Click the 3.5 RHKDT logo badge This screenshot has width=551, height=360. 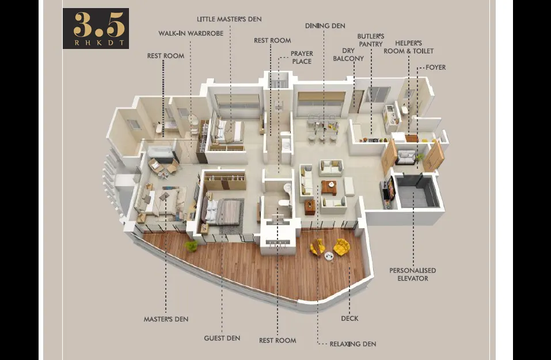(96, 28)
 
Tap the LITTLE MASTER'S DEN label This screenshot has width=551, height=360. (229, 19)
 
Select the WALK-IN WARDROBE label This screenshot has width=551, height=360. (191, 33)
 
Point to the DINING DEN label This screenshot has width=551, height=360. (325, 26)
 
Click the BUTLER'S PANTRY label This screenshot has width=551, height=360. (371, 40)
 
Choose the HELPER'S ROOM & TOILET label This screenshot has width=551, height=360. (408, 47)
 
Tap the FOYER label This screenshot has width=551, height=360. (435, 67)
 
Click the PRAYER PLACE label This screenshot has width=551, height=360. (302, 57)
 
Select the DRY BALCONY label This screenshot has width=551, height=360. (348, 55)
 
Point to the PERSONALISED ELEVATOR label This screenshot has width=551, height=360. (413, 274)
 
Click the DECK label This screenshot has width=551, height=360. (349, 319)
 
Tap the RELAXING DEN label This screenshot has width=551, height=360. (353, 344)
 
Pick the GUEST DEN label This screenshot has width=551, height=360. (222, 338)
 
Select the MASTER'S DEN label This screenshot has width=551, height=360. (166, 319)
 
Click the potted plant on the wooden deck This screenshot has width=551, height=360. (192, 246)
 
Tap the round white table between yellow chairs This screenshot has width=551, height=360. (329, 256)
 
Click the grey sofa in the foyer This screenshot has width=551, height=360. (405, 157)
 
